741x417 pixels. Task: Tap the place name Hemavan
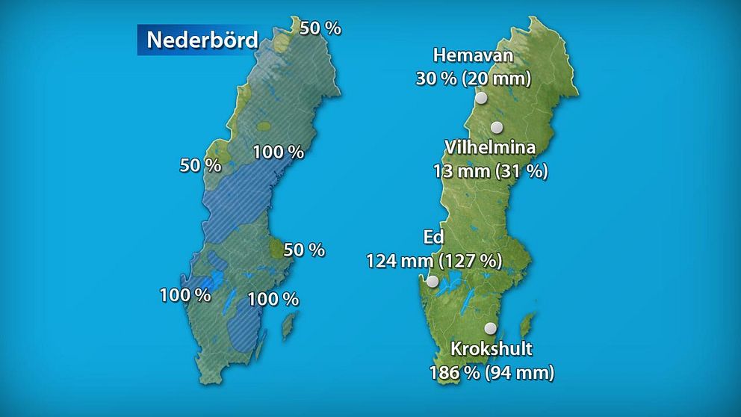[473, 56]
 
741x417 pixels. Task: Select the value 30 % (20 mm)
[473, 77]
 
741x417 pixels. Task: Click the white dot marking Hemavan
[481, 97]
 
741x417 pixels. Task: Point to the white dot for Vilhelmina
[496, 128]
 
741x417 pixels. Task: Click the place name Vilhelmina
[489, 147]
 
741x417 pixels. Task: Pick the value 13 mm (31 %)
[491, 170]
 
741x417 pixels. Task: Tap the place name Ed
[433, 238]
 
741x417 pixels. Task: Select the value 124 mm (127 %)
[433, 260]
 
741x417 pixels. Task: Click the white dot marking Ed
[432, 282]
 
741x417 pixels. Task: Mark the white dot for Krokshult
[491, 327]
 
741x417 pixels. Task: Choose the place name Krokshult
[492, 348]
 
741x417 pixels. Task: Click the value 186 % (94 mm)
[492, 371]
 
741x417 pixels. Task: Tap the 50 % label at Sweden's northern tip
[320, 28]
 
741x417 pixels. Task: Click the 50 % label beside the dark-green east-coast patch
[304, 250]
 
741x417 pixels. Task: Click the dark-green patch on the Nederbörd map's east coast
[277, 250]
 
